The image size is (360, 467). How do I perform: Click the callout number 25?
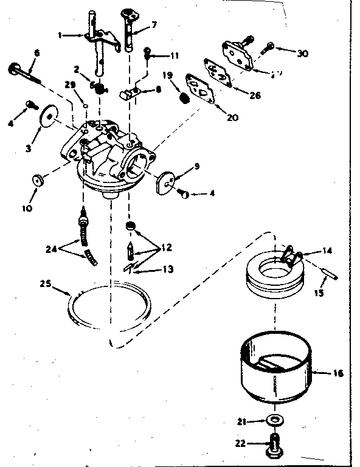pos(46,283)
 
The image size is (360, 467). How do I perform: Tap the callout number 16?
pos(339,373)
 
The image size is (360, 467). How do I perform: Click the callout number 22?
pos(240,443)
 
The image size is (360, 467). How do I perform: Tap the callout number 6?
pos(36,54)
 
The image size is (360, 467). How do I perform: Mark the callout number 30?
pos(302,53)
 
